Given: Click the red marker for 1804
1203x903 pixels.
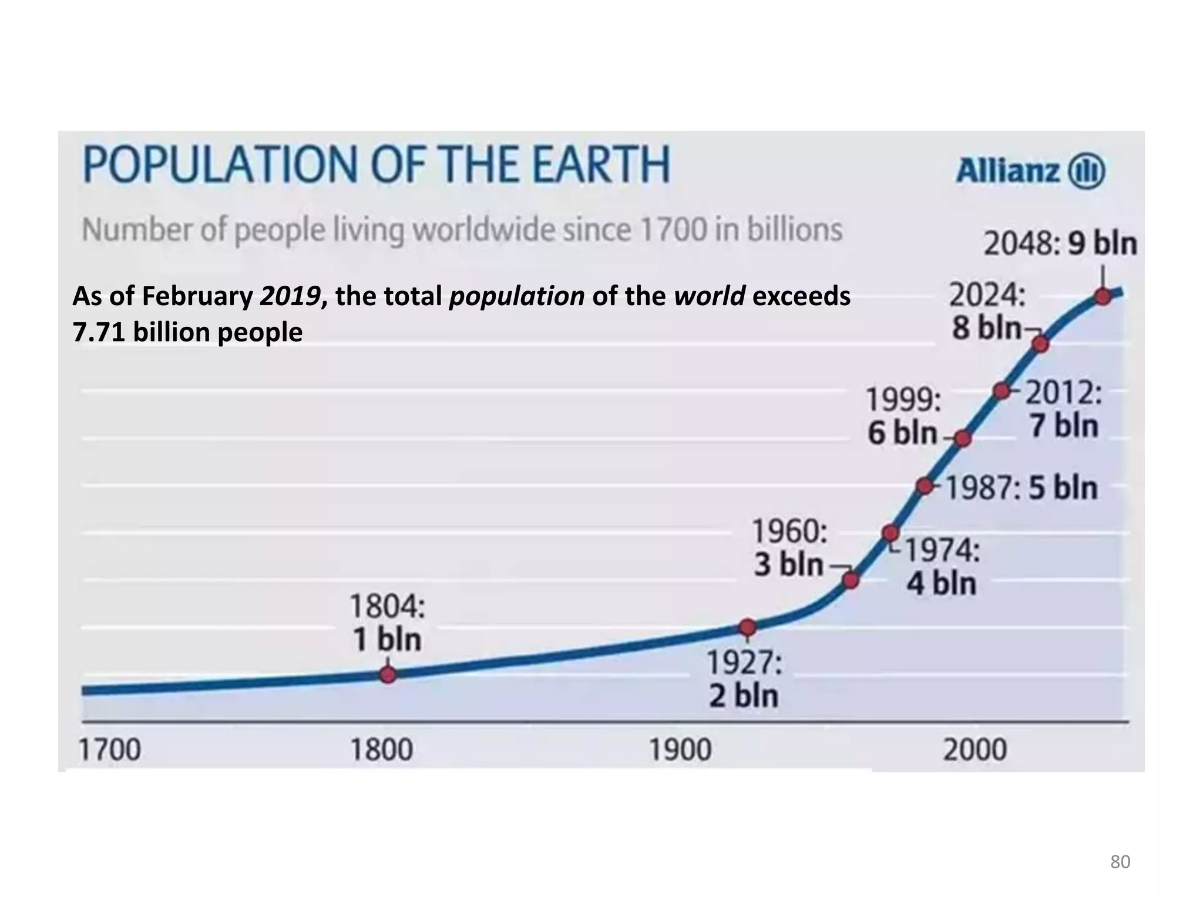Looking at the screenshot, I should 388,674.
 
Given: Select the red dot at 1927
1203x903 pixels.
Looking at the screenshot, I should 747,627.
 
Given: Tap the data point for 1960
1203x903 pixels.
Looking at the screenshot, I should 851,581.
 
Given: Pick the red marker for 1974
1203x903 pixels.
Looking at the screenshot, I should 891,533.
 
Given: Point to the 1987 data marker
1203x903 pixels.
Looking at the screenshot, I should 925,486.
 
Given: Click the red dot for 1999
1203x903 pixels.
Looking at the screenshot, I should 962,439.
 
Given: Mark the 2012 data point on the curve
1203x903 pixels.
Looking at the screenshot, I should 1002,391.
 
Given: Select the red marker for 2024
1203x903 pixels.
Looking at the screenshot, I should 1040,344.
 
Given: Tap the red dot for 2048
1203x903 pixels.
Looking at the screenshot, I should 1103,296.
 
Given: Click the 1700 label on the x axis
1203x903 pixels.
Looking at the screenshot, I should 110,750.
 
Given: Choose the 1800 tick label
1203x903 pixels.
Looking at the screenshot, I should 382,750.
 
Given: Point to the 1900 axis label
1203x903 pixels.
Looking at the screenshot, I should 680,750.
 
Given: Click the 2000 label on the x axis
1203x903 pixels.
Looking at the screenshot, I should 975,750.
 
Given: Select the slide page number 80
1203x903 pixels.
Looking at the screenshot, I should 1120,862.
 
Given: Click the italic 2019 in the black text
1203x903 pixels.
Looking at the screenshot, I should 290,296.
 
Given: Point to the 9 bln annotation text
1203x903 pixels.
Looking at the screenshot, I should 1102,244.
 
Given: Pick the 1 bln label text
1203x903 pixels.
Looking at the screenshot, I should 387,640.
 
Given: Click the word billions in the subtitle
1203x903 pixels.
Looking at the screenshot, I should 795,230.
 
